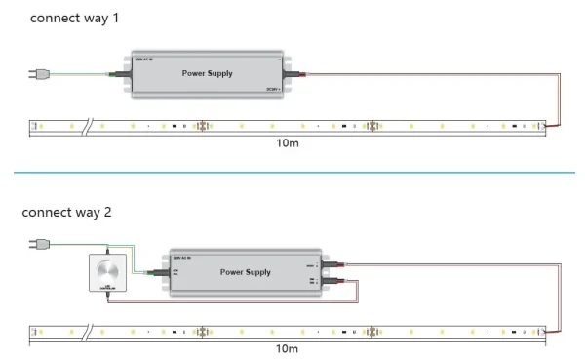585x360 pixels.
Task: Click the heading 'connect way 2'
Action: click(x=65, y=211)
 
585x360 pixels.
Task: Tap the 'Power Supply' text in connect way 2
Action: click(x=246, y=272)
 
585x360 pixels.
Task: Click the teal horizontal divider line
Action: click(x=292, y=175)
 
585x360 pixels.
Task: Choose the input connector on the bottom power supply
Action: click(x=157, y=273)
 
